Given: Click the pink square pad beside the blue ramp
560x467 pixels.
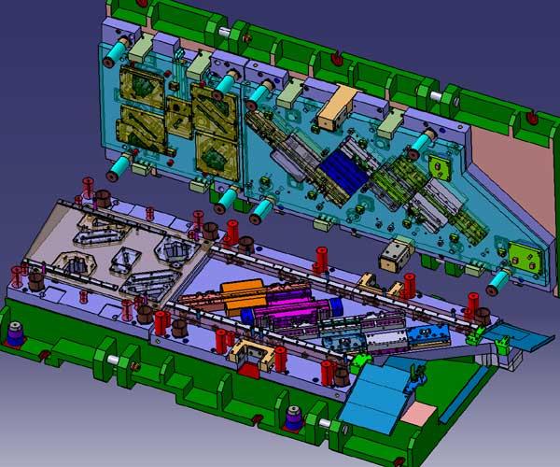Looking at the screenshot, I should (422, 412).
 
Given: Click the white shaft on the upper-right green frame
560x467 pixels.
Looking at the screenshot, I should (435, 94).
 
